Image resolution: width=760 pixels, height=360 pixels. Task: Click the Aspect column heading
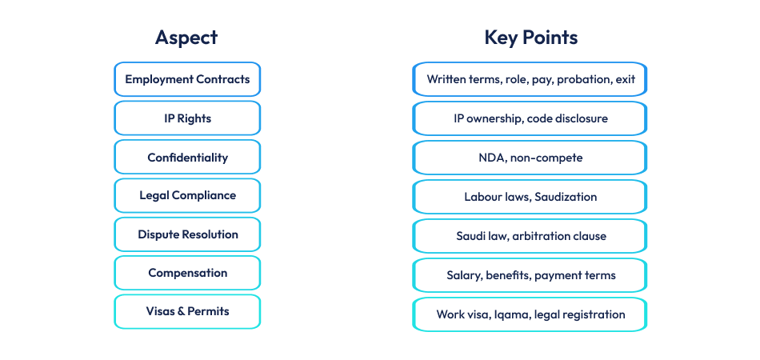point(186,38)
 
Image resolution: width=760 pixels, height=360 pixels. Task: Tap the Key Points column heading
point(530,38)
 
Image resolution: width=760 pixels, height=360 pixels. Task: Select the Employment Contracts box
point(187,79)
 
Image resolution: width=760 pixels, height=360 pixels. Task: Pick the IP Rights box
point(187,118)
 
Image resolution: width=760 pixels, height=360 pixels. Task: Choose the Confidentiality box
point(187,158)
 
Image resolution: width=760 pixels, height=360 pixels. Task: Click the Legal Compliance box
point(187,196)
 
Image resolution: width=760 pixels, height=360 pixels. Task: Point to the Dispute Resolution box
point(187,235)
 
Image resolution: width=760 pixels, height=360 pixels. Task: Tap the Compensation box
point(187,274)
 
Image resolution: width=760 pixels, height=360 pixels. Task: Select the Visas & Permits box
point(187,312)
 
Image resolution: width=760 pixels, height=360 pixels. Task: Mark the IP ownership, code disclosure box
point(530,118)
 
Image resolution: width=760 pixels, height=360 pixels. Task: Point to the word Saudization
point(562,197)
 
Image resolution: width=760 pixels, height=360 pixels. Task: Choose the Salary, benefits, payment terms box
point(530,275)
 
